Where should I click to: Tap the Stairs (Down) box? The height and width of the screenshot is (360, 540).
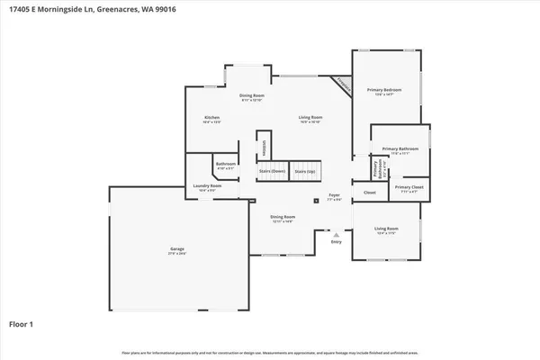272,171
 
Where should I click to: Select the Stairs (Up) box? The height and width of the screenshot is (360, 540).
305,171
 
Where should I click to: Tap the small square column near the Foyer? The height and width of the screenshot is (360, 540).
315,202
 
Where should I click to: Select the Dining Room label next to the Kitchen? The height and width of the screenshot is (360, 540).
251,97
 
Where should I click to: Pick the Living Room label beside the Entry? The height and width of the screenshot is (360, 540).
385,233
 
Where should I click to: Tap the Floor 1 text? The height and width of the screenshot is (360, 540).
22,322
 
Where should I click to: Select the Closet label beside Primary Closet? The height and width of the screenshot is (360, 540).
370,192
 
